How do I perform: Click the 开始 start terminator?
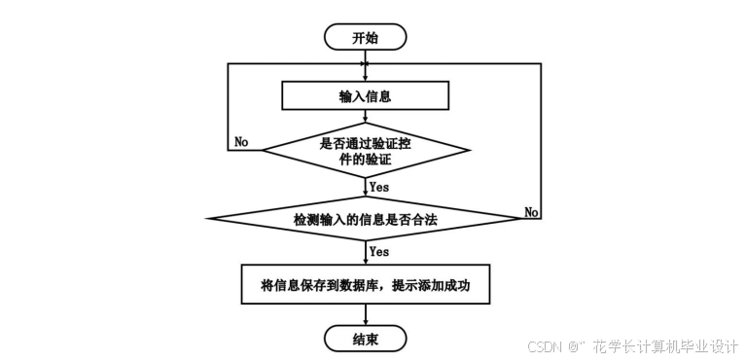point(365,38)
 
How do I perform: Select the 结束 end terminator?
point(365,339)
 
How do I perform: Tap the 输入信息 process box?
point(365,96)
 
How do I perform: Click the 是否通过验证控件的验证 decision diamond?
point(365,150)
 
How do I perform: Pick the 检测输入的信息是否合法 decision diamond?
point(365,220)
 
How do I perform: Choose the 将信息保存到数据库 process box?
point(365,285)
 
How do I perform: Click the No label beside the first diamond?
point(241,142)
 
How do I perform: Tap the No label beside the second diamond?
point(531,211)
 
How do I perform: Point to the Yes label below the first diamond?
point(379,186)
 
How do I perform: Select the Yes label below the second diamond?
point(379,251)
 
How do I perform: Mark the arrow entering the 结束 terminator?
point(365,315)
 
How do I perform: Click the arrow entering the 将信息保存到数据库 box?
point(365,255)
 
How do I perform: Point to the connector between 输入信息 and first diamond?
point(365,118)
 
